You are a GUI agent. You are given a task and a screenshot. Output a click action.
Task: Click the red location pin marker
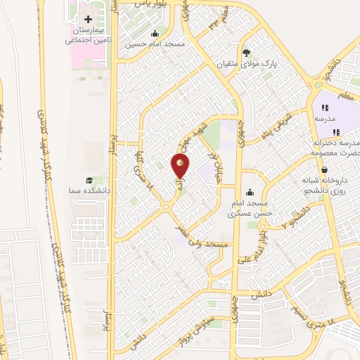(181, 166)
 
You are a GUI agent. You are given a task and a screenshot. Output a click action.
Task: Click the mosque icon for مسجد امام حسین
(155, 34)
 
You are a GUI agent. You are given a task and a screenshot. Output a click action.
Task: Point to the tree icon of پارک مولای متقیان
(246, 52)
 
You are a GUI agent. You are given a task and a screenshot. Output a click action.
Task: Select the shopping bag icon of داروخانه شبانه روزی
(323, 169)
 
